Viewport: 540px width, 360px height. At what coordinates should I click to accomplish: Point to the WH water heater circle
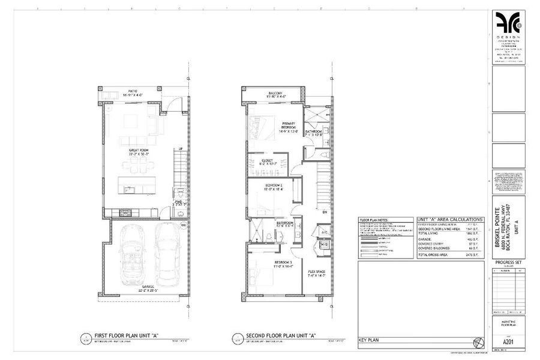183,226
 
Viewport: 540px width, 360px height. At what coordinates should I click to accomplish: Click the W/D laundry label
324,245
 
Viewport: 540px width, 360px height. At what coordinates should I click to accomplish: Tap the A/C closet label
323,231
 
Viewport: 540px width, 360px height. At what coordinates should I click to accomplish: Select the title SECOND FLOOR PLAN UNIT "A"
281,335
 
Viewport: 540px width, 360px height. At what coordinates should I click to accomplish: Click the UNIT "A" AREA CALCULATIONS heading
449,220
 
